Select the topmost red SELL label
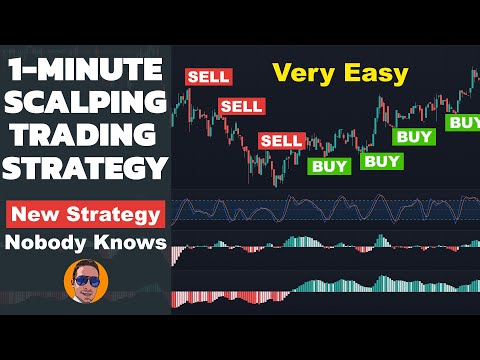pos(208,76)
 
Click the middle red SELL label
pos(241,106)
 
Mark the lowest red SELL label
pos(281,141)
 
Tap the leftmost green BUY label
pos(328,167)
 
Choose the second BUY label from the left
pos(381,160)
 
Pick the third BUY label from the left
pos(415,136)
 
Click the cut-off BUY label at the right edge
pos(463,122)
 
